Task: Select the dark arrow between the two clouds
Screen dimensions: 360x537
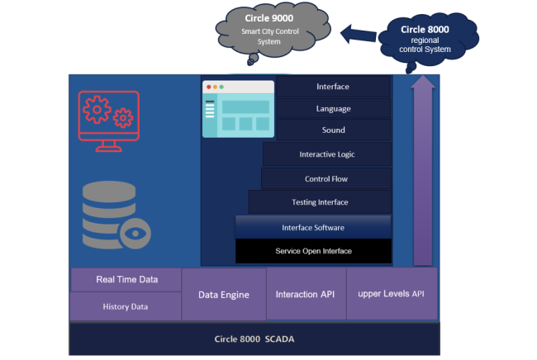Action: click(x=358, y=36)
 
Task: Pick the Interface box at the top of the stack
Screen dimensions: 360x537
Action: click(x=332, y=87)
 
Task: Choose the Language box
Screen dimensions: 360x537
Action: click(x=332, y=108)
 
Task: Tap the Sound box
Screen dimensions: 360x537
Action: click(x=332, y=130)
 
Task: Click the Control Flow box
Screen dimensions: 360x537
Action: click(x=326, y=178)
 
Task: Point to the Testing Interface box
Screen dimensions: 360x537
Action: click(x=321, y=202)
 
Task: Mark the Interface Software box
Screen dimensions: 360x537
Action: click(x=313, y=227)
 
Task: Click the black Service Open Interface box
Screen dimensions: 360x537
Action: click(x=313, y=251)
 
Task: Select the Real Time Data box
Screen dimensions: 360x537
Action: click(x=126, y=280)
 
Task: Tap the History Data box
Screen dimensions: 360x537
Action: click(x=126, y=306)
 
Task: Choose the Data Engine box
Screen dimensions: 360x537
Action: click(x=223, y=294)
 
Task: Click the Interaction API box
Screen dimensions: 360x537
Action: click(x=305, y=294)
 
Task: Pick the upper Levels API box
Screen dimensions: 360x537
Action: click(x=391, y=294)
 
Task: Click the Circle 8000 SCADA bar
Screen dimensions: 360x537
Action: click(x=254, y=339)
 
